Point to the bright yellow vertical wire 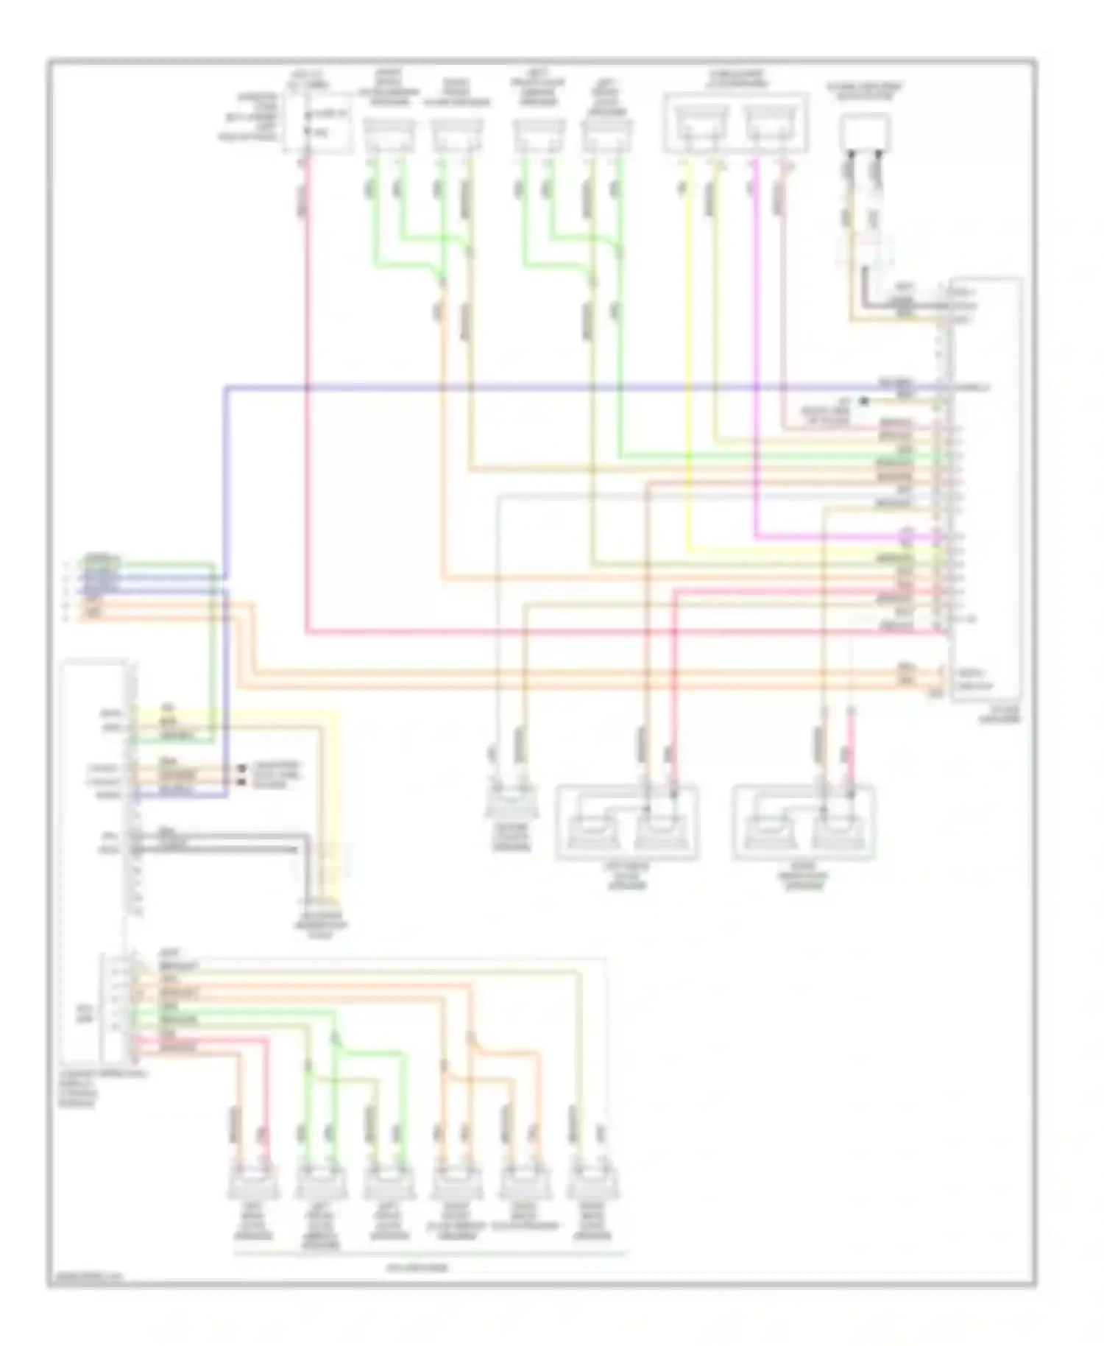click(690, 368)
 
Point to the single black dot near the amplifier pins click(865, 401)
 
